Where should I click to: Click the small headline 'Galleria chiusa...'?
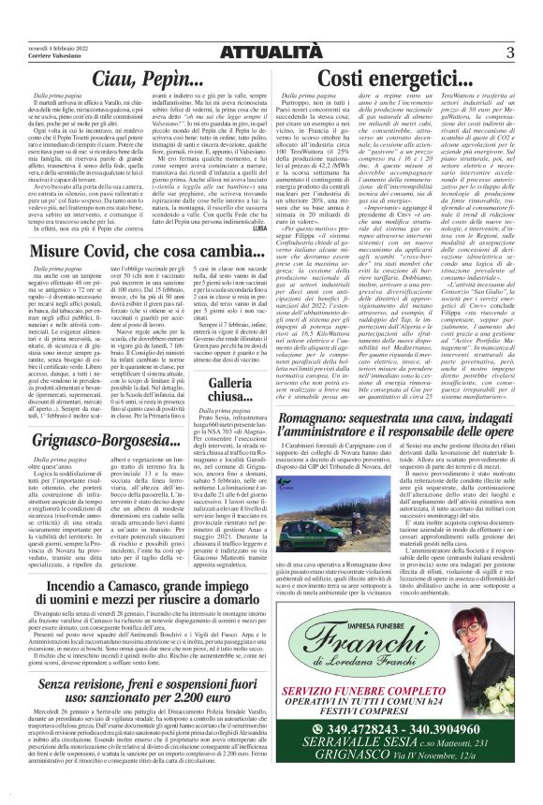click(x=240, y=390)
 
